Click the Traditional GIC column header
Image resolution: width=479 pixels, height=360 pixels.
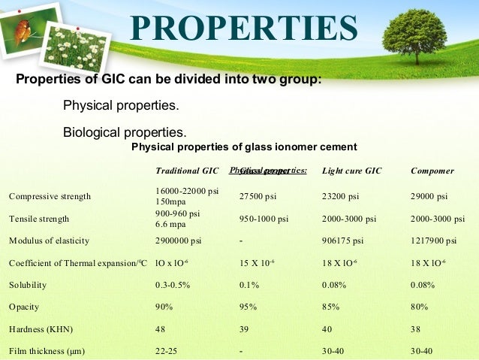(187, 171)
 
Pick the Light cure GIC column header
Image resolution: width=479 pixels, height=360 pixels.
(351, 171)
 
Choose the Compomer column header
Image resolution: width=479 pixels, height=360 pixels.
(432, 171)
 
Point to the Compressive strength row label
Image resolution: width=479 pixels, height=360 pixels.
(50, 197)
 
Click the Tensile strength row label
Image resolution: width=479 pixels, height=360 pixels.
(39, 219)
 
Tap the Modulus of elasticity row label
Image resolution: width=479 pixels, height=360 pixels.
(49, 241)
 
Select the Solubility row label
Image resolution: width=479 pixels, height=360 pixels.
(29, 286)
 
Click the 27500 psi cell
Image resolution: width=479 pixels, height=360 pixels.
(259, 197)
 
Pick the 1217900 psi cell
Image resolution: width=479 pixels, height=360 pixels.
(433, 241)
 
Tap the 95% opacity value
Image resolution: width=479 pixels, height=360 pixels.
(249, 307)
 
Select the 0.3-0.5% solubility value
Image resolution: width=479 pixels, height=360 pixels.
(172, 286)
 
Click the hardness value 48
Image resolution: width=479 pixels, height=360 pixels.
(160, 329)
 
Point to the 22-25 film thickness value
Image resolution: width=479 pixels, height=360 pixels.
(165, 351)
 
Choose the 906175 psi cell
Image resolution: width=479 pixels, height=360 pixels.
(342, 241)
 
